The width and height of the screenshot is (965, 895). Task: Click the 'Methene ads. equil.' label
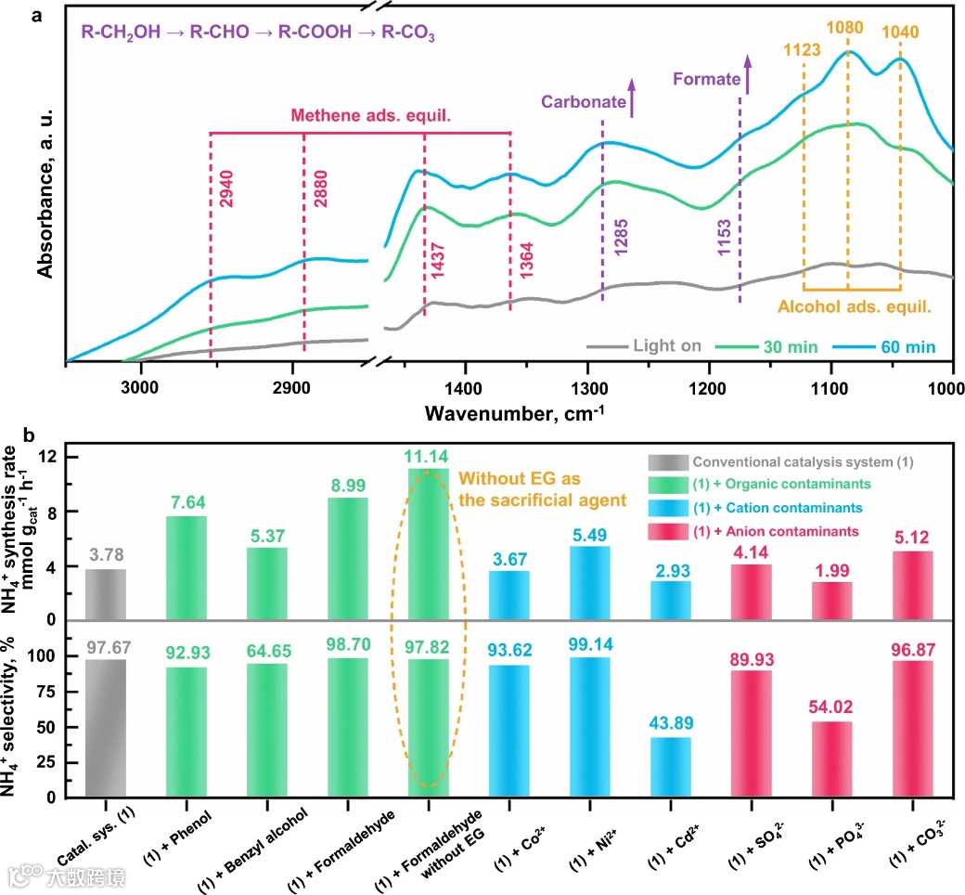(358, 115)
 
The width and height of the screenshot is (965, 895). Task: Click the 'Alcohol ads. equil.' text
(854, 303)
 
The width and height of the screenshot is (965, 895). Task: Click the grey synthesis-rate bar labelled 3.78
(106, 594)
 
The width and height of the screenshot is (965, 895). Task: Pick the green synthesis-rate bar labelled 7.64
(187, 567)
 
